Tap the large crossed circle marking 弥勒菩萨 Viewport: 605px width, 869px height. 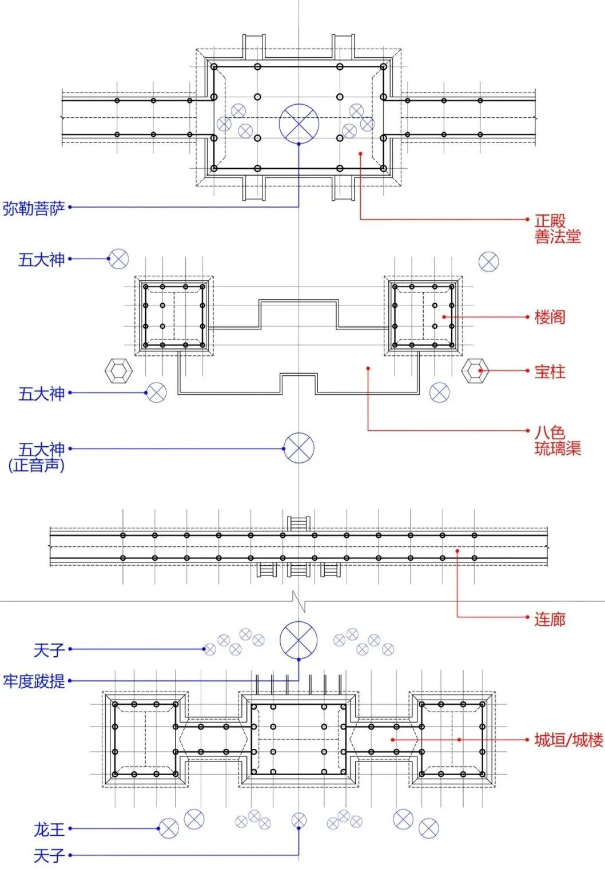pos(298,124)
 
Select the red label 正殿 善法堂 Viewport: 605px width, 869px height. pos(558,228)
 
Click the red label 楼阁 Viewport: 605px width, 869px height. pos(550,316)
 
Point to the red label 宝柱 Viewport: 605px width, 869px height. pos(550,371)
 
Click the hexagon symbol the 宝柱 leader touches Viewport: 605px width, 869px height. pos(475,371)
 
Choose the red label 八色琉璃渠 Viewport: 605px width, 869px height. pos(558,440)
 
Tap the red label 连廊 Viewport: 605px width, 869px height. pos(550,618)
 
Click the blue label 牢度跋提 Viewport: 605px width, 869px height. pos(34,681)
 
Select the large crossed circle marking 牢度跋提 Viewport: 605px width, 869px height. pos(298,640)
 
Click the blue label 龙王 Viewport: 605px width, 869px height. pos(49,828)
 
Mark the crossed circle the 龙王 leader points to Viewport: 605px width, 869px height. pos(168,828)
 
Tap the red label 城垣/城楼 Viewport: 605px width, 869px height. pos(568,740)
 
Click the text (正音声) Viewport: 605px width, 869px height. pos(36,465)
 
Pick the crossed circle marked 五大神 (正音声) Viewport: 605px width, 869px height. pos(299,448)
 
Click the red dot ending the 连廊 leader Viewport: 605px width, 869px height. pos(457,551)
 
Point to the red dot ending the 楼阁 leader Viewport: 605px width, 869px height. pos(443,316)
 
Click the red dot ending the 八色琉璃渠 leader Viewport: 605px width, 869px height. pos(368,368)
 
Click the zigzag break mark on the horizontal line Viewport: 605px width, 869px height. pos(298,601)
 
